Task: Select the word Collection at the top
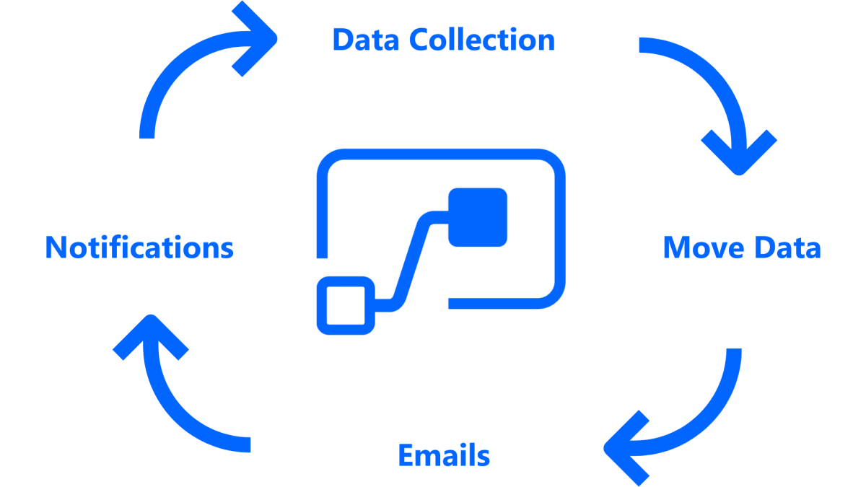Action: (x=482, y=40)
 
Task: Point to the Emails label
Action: (x=444, y=456)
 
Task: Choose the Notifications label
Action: (x=139, y=247)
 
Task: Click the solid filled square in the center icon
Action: (x=478, y=216)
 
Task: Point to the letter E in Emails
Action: (x=406, y=456)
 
